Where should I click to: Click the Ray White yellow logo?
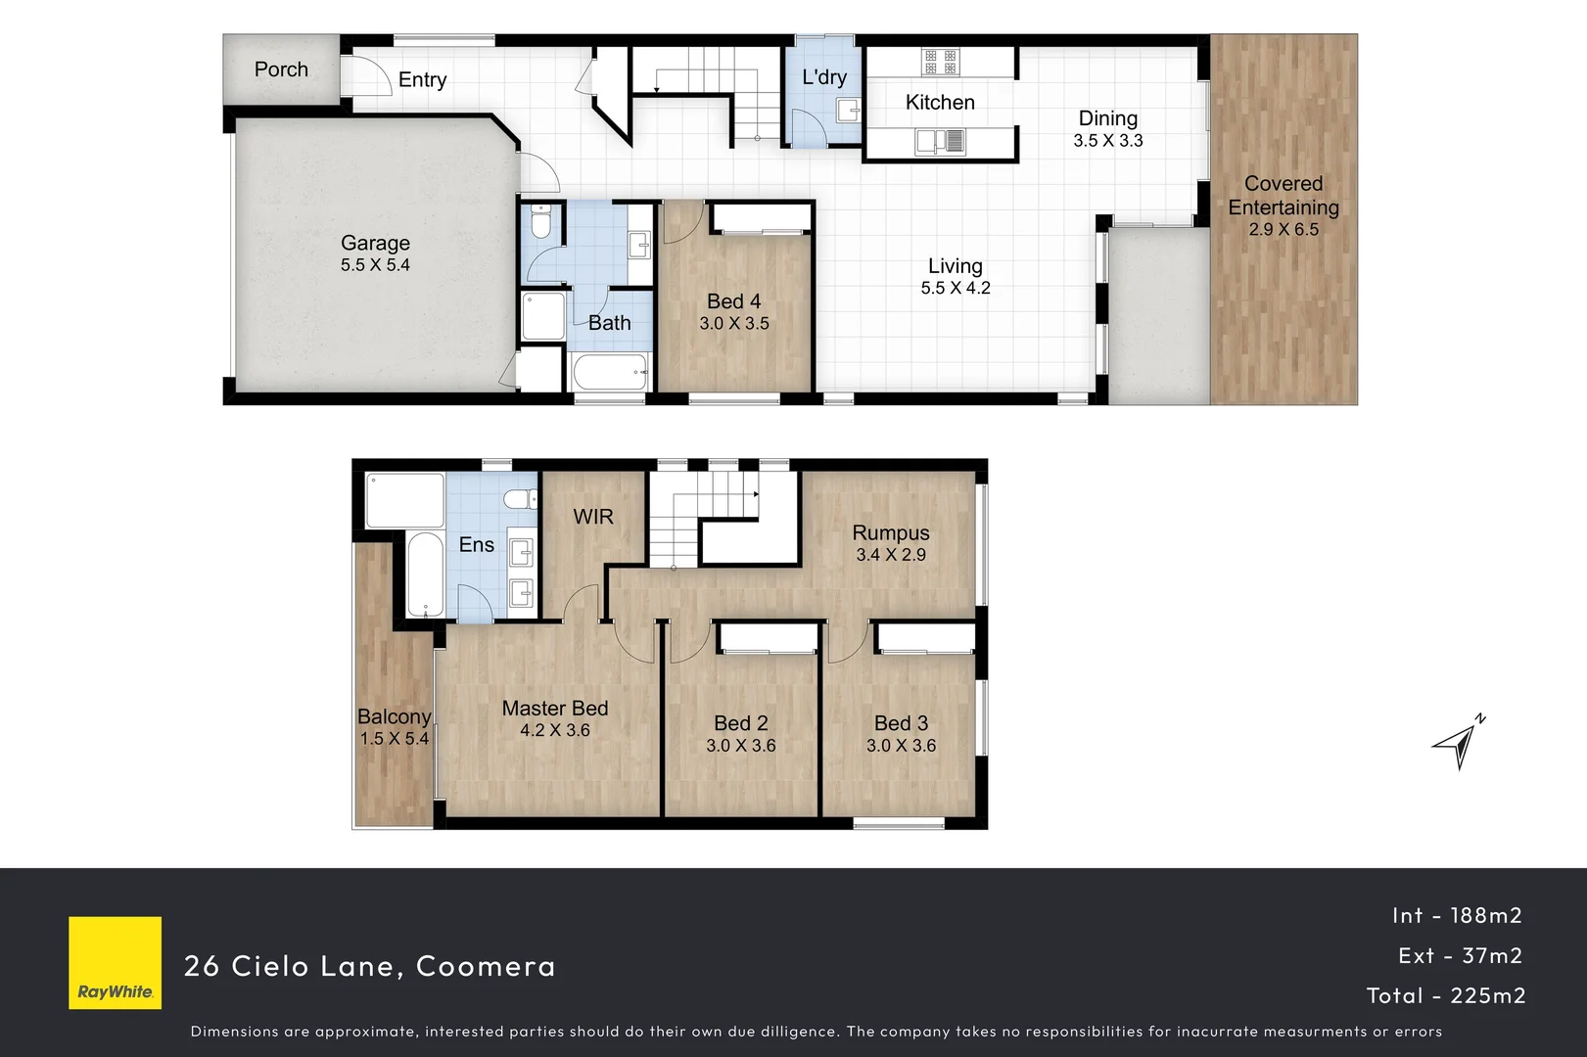pyautogui.click(x=115, y=962)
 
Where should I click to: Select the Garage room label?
pyautogui.click(x=375, y=243)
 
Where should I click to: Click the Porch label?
pyautogui.click(x=281, y=69)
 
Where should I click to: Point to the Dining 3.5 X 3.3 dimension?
pyautogui.click(x=1107, y=141)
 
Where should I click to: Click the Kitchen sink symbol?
pyautogui.click(x=940, y=143)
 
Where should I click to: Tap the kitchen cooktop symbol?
pyautogui.click(x=940, y=62)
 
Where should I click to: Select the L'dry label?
pyautogui.click(x=823, y=77)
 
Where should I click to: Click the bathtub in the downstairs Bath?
pyautogui.click(x=610, y=372)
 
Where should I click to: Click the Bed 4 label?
pyautogui.click(x=733, y=301)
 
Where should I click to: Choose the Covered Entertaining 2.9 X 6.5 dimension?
pyautogui.click(x=1283, y=230)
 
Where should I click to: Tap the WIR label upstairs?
pyautogui.click(x=593, y=517)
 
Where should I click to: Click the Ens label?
pyautogui.click(x=476, y=545)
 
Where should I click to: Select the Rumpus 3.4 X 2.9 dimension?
pyautogui.click(x=890, y=555)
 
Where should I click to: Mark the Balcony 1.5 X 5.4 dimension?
pyautogui.click(x=394, y=739)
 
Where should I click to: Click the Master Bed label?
pyautogui.click(x=554, y=708)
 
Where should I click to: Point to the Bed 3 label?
pyautogui.click(x=901, y=723)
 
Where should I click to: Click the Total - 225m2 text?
pyautogui.click(x=1445, y=995)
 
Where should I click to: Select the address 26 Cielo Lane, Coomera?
pyautogui.click(x=369, y=966)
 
